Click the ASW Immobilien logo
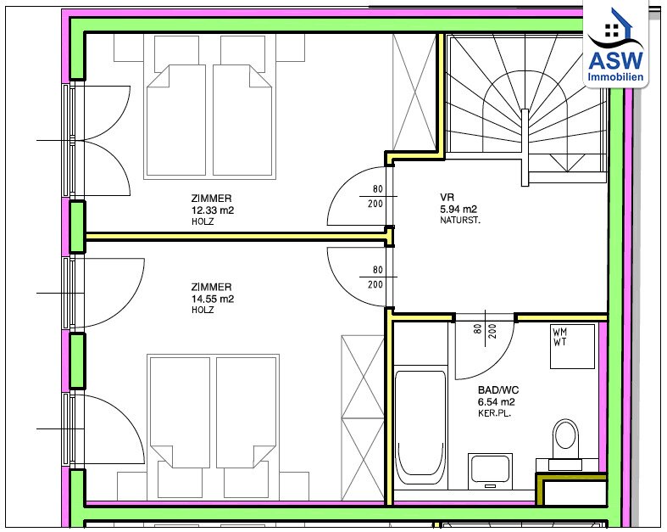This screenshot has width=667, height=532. coord(615,44)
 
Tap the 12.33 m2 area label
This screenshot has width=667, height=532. coord(212,210)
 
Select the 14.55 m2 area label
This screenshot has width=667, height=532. coord(212,299)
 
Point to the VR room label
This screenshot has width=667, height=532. coord(447,197)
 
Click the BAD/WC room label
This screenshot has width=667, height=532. coord(498,390)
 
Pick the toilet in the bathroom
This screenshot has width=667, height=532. coord(566,443)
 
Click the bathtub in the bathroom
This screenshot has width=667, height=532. coord(420,428)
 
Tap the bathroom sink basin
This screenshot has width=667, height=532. coord(490,472)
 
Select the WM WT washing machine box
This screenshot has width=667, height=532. coord(572,346)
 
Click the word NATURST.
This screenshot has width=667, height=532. coord(460,221)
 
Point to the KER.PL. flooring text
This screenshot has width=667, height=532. coord(494,413)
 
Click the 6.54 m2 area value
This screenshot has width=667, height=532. coord(497,401)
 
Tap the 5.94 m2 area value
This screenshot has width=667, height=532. coord(459,209)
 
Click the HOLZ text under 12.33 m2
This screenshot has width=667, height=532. coord(203,222)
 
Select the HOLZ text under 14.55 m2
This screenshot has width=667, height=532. coord(203,310)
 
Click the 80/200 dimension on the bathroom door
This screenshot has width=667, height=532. coord(485,331)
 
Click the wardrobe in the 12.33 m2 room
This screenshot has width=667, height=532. coord(414,92)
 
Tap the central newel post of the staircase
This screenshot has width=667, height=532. coord(525,148)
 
